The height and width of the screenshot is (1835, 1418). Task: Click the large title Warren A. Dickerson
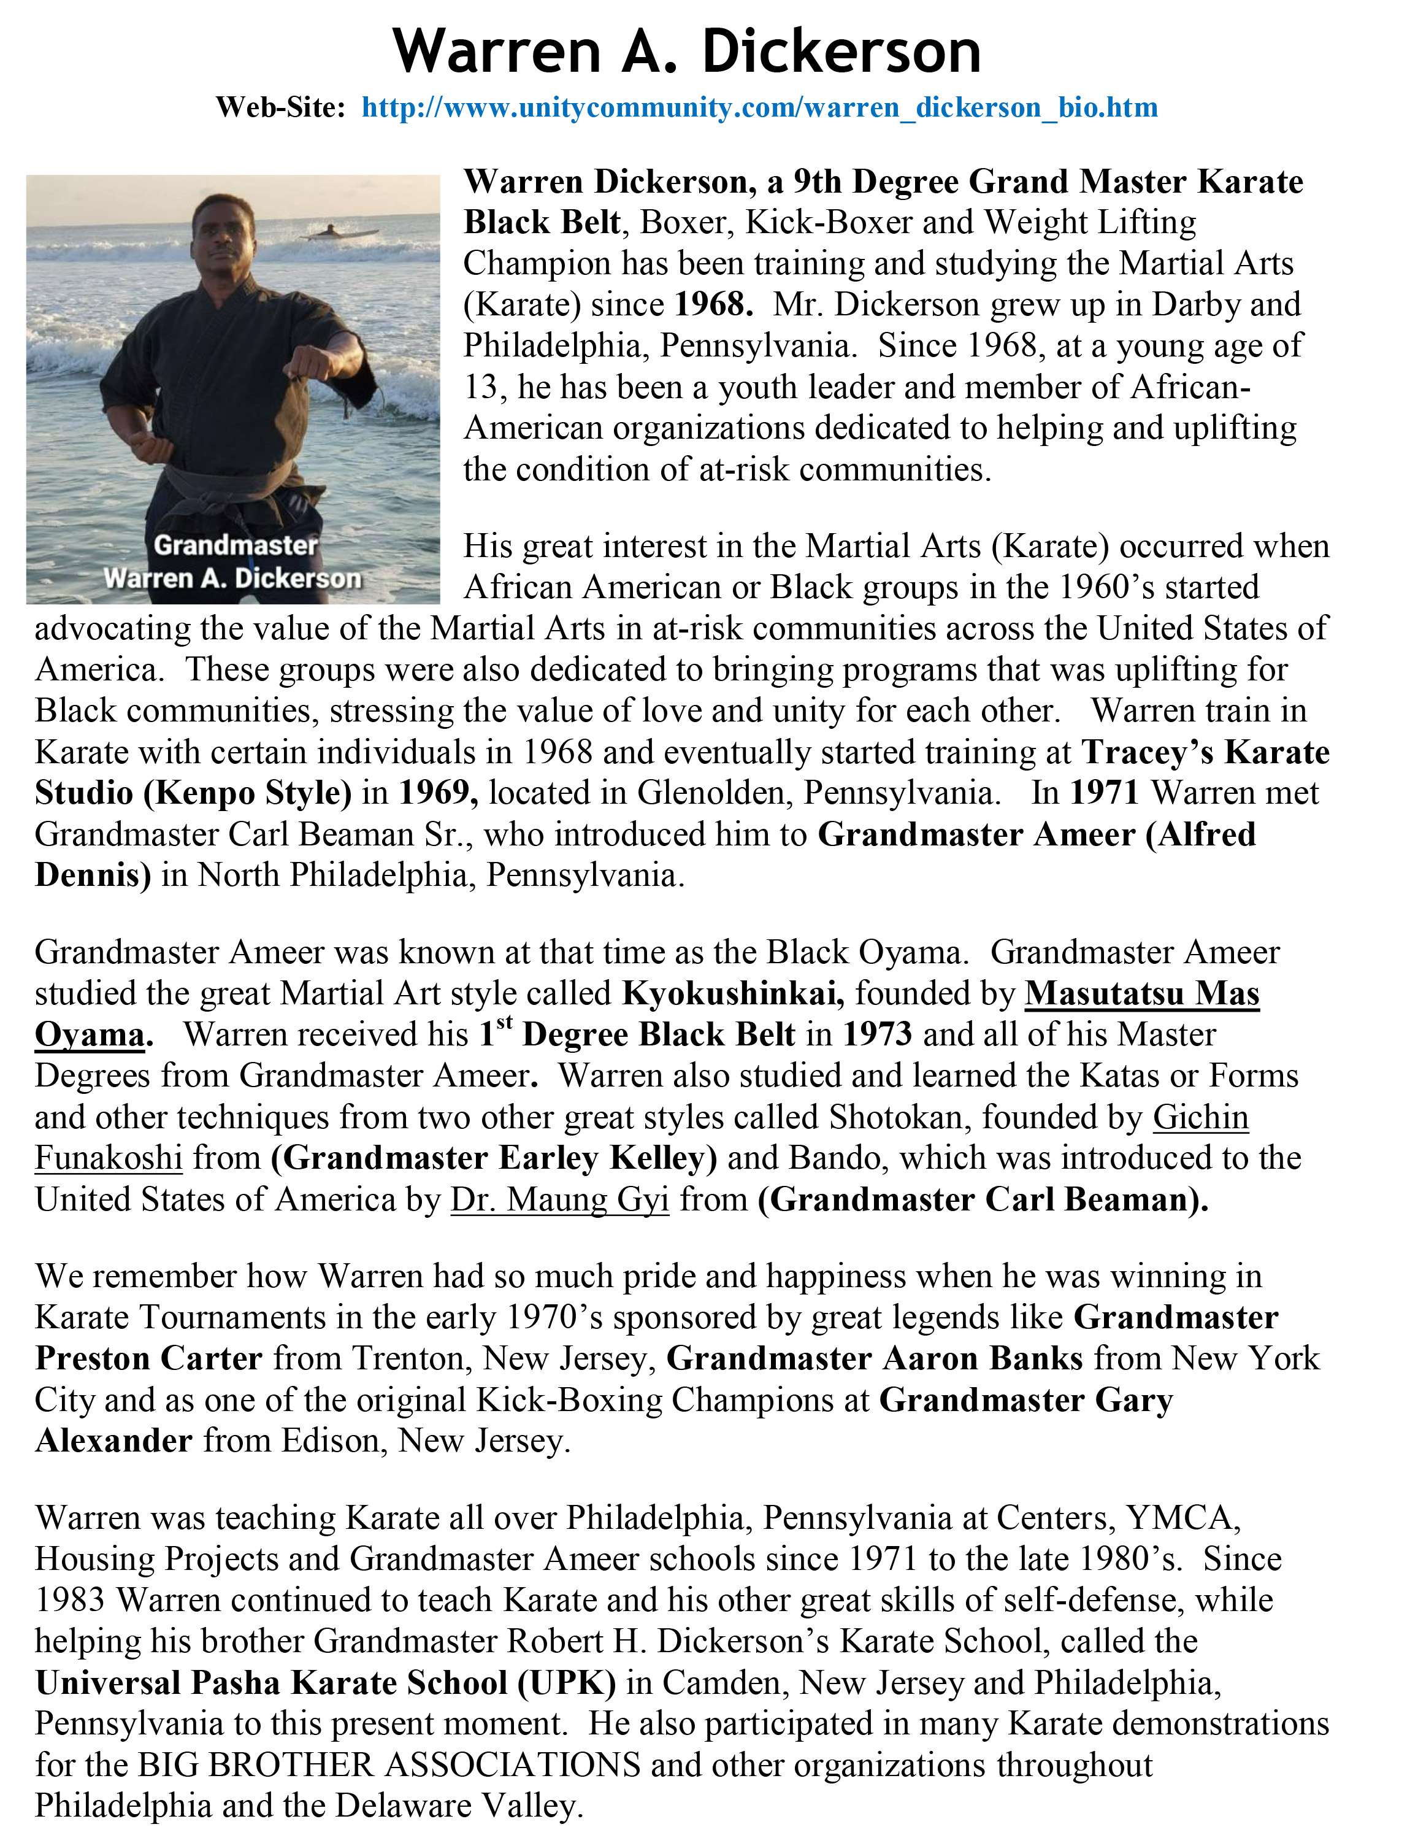point(686,52)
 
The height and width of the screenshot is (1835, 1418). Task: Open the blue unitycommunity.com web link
point(759,107)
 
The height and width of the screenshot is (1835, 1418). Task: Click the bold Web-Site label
point(280,107)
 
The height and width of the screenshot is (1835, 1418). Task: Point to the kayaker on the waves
point(330,231)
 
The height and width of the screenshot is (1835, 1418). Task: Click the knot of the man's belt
point(213,495)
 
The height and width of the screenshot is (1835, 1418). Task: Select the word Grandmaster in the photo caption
point(236,545)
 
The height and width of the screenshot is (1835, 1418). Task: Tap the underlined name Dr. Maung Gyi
point(559,1200)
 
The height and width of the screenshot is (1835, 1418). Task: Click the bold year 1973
point(877,1034)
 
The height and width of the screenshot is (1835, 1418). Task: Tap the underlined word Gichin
point(1200,1117)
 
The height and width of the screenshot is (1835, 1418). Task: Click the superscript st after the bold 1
point(504,1023)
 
